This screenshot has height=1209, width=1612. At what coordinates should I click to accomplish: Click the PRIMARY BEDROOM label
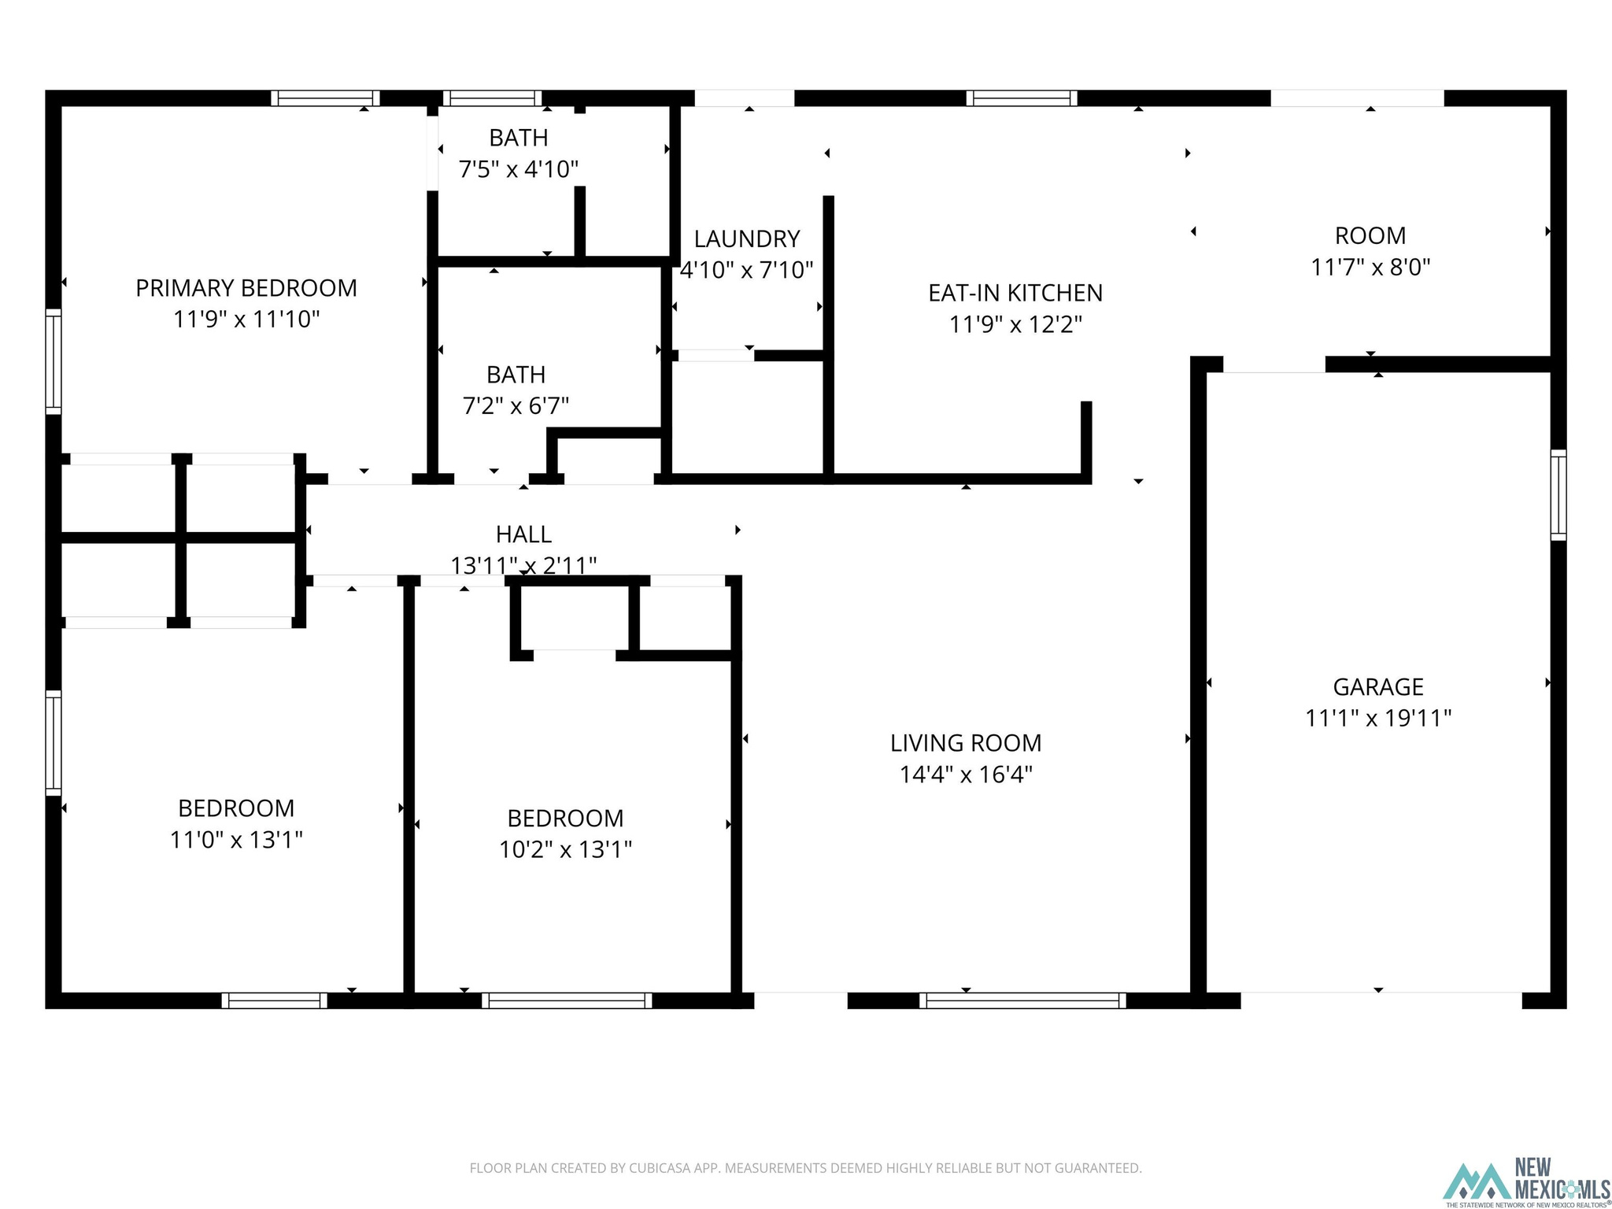tap(246, 288)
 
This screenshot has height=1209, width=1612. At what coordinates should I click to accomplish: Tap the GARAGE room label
tap(1378, 687)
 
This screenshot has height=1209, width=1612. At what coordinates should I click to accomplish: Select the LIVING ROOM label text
tap(966, 743)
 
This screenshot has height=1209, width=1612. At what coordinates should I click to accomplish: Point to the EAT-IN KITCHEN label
tap(1015, 293)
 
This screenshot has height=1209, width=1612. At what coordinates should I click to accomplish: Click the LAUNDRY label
tap(747, 238)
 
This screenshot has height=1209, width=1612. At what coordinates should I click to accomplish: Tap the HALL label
tap(523, 534)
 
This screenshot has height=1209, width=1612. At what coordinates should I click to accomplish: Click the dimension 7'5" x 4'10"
tap(519, 169)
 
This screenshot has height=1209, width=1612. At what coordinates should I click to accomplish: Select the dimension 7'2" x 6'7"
tap(516, 406)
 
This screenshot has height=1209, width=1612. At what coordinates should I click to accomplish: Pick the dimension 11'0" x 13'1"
tap(236, 841)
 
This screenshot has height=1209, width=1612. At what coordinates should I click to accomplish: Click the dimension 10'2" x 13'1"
tap(565, 850)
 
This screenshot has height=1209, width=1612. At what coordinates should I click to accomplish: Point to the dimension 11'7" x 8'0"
tap(1370, 268)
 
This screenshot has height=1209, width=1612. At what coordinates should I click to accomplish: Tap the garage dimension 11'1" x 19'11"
tap(1378, 719)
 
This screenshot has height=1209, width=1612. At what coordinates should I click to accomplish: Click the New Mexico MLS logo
tap(1525, 1181)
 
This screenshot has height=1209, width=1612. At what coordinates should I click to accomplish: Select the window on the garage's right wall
tap(1558, 495)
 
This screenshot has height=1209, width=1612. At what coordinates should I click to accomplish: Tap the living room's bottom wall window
tap(1022, 1000)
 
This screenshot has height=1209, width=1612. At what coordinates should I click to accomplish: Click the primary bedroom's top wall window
tap(326, 98)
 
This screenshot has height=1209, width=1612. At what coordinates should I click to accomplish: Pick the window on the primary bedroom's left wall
tap(54, 361)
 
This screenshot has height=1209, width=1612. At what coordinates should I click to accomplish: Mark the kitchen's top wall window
tap(1022, 98)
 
